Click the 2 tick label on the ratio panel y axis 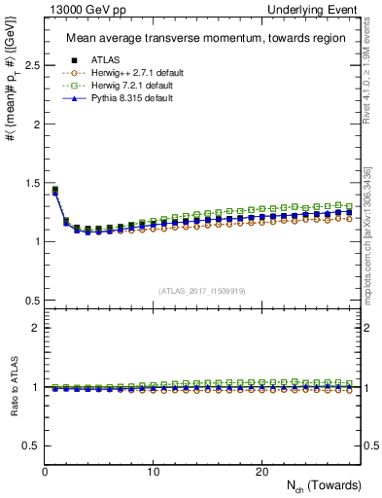[36, 328]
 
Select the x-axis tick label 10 [154, 471]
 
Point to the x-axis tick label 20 [261, 471]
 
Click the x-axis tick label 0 [46, 471]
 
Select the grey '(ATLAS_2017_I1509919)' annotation [202, 290]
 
